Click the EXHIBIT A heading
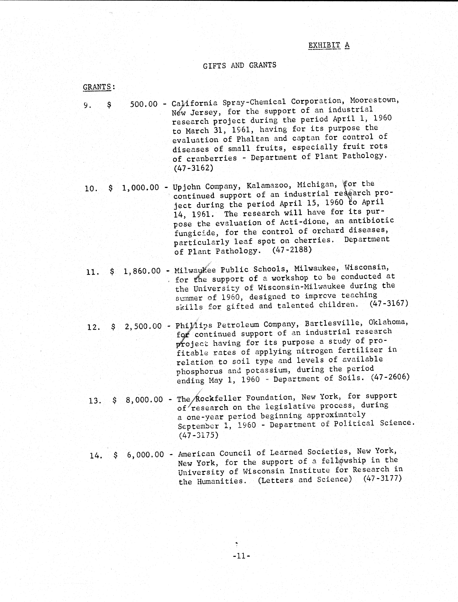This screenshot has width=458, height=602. [329, 45]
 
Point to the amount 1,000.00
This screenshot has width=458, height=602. [140, 188]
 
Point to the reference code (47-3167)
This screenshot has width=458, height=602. [389, 303]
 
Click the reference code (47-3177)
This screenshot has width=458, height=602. [382, 478]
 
